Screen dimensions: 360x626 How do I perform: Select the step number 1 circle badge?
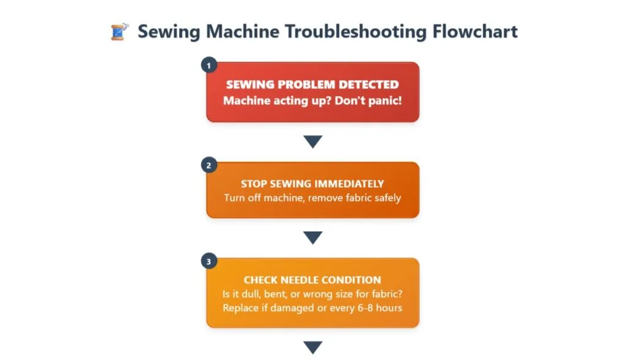[x=209, y=65]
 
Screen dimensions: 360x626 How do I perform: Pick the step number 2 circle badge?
[x=209, y=164]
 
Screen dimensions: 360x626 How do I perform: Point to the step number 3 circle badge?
[x=209, y=261]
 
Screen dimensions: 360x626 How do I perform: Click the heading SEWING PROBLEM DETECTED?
[x=312, y=85]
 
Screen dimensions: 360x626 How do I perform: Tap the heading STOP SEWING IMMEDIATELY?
[x=312, y=183]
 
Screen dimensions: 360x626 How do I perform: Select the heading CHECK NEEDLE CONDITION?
[x=312, y=280]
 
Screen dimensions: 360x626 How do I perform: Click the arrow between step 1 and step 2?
[x=312, y=142]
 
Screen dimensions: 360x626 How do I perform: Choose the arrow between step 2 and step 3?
[x=312, y=238]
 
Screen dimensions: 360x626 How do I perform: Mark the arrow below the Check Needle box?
[x=312, y=347]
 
